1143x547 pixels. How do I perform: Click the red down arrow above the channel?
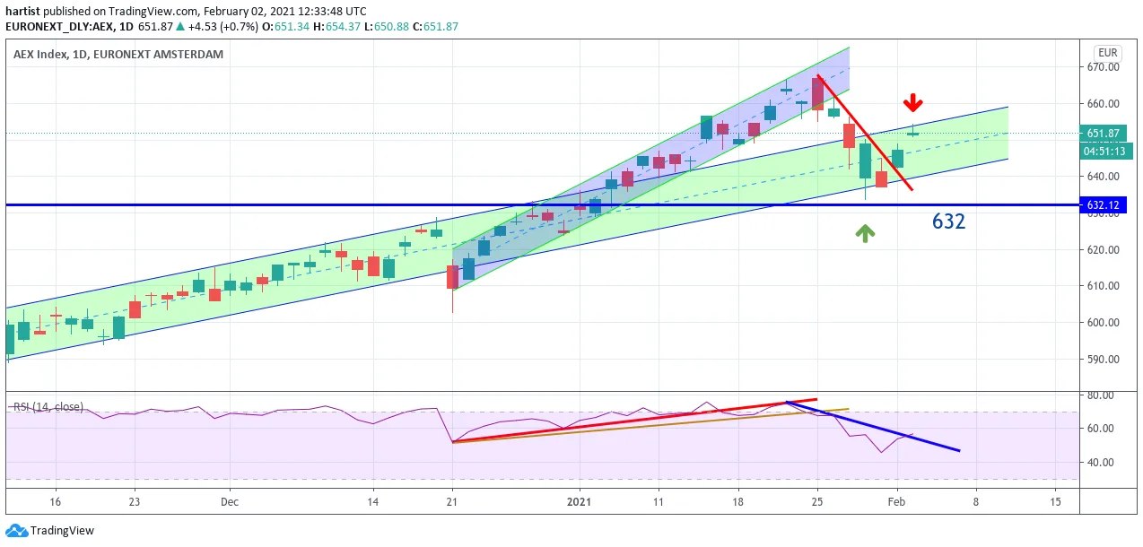point(912,102)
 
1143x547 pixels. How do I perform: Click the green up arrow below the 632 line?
point(865,233)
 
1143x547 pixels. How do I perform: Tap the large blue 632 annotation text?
point(948,221)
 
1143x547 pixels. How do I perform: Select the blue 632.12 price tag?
point(1104,205)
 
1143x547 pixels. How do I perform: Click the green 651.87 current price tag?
point(1104,133)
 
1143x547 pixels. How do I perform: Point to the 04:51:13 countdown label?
point(1104,151)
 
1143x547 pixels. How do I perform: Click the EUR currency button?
point(1108,53)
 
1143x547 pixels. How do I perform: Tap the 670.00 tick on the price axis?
point(1104,66)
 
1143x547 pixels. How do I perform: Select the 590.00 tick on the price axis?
point(1104,359)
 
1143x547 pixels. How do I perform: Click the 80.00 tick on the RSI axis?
point(1101,395)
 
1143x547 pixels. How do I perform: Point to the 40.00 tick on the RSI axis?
point(1101,463)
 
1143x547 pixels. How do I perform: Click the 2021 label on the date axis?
point(580,501)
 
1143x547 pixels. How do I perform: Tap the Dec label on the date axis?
point(230,501)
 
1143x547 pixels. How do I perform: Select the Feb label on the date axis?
point(896,501)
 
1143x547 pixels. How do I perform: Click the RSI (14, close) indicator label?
point(48,407)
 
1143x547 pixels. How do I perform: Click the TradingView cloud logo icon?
point(16,531)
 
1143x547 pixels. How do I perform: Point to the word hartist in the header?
point(22,11)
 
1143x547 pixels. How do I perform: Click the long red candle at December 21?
point(452,277)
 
